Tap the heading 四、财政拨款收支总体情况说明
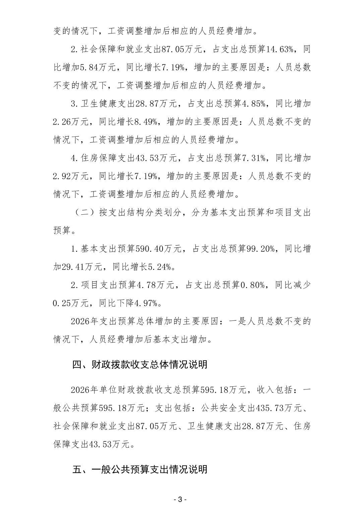pyautogui.click(x=140, y=364)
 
